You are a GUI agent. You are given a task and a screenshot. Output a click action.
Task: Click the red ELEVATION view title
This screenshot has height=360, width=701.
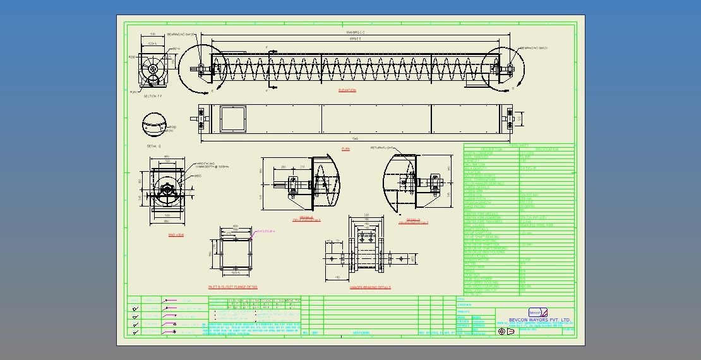point(347,90)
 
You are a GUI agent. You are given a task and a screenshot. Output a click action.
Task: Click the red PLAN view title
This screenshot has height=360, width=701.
point(345,149)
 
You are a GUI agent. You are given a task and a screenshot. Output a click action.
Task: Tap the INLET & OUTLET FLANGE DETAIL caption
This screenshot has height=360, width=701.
point(232,287)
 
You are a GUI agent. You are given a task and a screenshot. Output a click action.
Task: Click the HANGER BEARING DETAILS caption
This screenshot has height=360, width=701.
point(370,287)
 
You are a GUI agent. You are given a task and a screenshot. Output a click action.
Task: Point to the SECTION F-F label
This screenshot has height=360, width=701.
point(153,96)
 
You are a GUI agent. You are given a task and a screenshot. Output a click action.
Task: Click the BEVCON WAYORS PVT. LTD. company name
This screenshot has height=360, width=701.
point(539,320)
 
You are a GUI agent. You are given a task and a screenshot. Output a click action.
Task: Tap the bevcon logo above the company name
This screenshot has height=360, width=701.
point(538,312)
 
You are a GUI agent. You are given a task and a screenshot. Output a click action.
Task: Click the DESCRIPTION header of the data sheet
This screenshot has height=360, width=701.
point(491,150)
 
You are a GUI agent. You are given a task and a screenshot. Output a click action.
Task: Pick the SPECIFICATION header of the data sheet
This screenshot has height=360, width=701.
point(546,150)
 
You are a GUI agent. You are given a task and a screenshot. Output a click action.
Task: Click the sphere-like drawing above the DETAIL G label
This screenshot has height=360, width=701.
point(155,125)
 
